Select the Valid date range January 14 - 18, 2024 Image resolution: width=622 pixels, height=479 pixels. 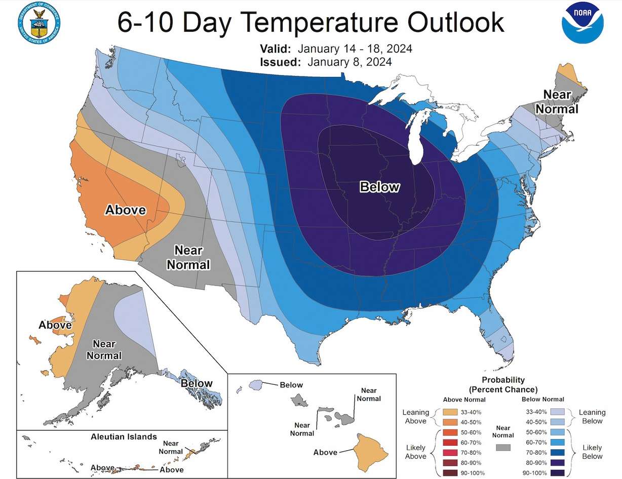[x=355, y=49]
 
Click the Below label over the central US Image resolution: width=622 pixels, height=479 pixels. [x=379, y=187]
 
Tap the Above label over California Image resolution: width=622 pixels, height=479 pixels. [x=125, y=210]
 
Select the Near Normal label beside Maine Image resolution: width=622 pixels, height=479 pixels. [x=557, y=102]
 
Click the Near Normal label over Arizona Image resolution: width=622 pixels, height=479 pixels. [x=188, y=257]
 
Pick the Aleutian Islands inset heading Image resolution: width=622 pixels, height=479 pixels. [x=124, y=436]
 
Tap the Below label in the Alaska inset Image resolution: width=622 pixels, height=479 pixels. [x=197, y=383]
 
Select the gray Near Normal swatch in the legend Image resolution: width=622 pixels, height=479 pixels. [x=503, y=448]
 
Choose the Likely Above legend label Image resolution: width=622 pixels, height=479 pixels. [x=416, y=452]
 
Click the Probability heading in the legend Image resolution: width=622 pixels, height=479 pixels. [x=503, y=380]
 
